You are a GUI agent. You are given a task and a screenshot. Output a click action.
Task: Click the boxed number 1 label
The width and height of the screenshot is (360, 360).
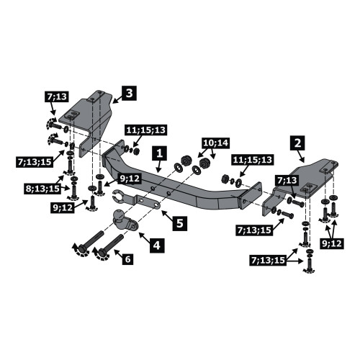160,153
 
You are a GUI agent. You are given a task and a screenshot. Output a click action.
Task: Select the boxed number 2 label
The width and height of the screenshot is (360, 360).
297,143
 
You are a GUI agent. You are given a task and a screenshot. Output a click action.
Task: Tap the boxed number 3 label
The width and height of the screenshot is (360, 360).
129,93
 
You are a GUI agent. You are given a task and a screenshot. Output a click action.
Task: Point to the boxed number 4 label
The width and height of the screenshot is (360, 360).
157,246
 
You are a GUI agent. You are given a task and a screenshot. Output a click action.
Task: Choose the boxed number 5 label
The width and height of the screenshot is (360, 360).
180,223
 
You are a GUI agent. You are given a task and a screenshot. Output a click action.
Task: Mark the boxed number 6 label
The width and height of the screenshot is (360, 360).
127,259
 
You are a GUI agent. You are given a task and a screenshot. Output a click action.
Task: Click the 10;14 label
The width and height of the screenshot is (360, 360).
216,143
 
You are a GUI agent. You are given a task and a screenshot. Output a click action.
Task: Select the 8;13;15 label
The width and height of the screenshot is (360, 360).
42,189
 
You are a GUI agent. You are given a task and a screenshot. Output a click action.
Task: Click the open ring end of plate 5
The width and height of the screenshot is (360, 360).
117,197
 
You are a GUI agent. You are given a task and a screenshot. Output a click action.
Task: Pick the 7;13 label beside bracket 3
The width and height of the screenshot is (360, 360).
57,96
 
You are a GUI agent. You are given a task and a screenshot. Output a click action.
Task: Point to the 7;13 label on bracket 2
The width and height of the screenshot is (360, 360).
288,180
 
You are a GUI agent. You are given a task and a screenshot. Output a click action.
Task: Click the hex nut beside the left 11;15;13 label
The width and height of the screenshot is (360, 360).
136,151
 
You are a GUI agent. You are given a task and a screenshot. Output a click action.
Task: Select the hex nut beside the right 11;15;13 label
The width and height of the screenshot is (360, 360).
225,179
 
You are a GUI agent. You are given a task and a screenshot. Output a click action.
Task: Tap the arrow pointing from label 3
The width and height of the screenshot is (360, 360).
117,100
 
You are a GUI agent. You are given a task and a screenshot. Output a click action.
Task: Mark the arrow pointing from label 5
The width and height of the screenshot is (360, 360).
166,215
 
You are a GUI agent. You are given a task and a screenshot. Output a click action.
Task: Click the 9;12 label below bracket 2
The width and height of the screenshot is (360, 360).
332,243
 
